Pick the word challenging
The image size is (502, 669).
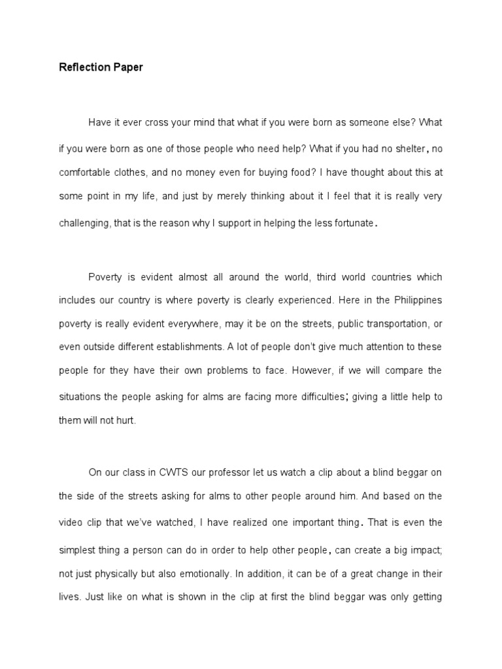pos(84,223)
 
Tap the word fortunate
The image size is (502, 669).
pos(352,223)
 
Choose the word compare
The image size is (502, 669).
pos(403,370)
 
